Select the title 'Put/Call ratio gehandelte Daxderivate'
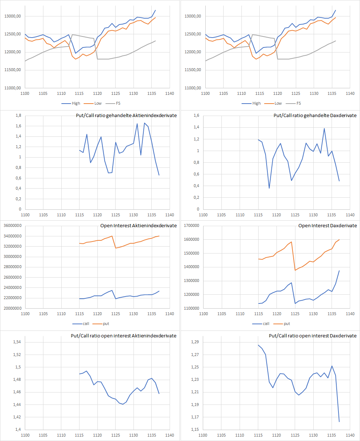click(x=315, y=116)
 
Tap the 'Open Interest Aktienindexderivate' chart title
click(x=139, y=226)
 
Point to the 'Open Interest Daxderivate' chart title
click(x=328, y=226)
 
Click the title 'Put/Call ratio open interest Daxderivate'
click(x=313, y=336)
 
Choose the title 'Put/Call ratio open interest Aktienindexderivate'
click(x=124, y=336)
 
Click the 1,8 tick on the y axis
click(x=18, y=116)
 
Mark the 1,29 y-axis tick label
click(x=196, y=342)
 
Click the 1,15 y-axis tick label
click(x=196, y=429)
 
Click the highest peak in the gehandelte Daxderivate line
click(x=324, y=128)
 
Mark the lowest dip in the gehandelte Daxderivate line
click(x=269, y=188)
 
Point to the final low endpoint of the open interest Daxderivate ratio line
click(x=339, y=422)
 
